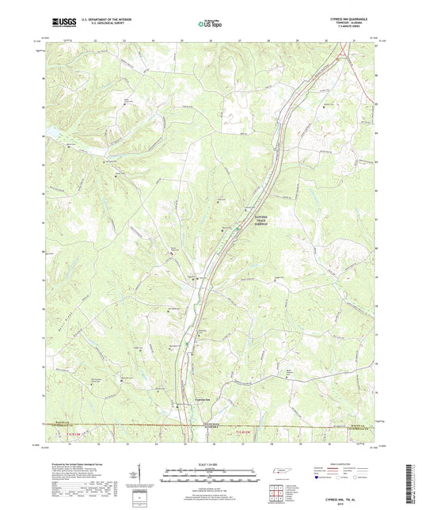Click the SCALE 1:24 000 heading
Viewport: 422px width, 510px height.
(211, 463)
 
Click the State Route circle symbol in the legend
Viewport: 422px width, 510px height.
(372, 478)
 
